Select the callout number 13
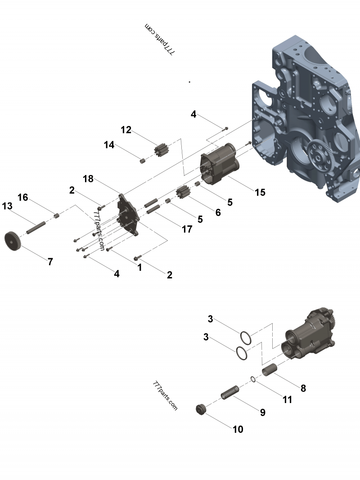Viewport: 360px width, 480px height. point(7,206)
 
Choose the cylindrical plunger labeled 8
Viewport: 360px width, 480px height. point(269,369)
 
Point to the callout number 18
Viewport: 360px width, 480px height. point(88,179)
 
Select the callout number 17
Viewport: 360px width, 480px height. point(186,229)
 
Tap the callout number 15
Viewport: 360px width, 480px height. point(260,193)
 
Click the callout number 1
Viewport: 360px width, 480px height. point(139,267)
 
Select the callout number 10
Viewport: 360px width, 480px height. point(238,429)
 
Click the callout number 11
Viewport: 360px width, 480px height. point(287,399)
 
